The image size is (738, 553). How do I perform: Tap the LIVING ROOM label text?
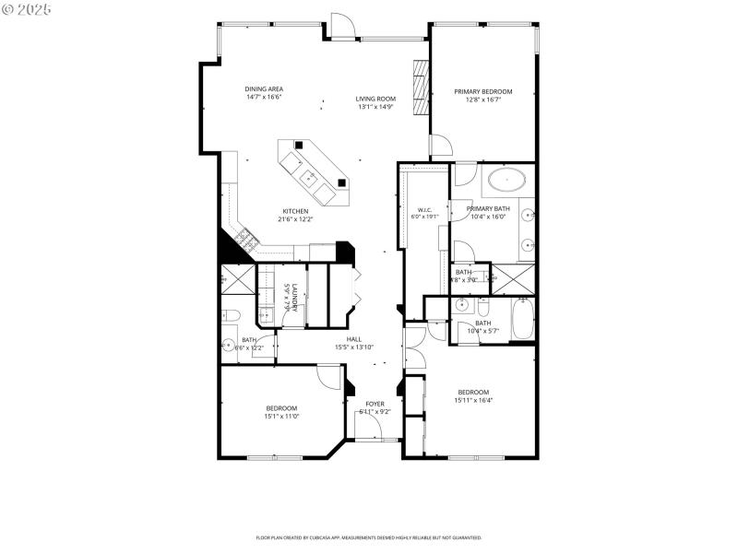click(375, 99)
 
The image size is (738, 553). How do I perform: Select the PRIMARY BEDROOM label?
click(482, 91)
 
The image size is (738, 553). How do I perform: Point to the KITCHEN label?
click(295, 211)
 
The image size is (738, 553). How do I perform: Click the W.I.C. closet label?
click(424, 209)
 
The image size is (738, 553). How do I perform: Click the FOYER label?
click(375, 404)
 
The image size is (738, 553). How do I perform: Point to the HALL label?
click(353, 339)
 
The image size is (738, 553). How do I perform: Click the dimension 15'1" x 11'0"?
click(281, 416)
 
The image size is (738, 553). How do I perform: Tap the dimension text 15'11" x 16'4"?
click(472, 400)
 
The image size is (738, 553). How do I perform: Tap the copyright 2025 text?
click(27, 8)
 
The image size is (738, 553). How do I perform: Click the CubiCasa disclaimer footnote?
click(369, 536)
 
